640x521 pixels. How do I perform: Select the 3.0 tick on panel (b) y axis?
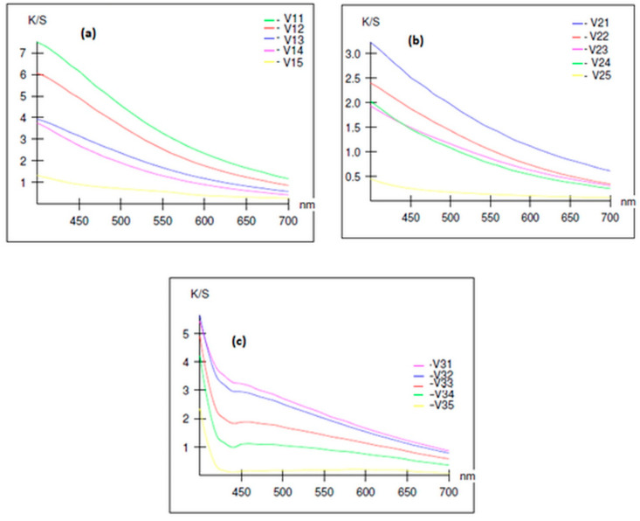353,53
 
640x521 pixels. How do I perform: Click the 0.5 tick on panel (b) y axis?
353,177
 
